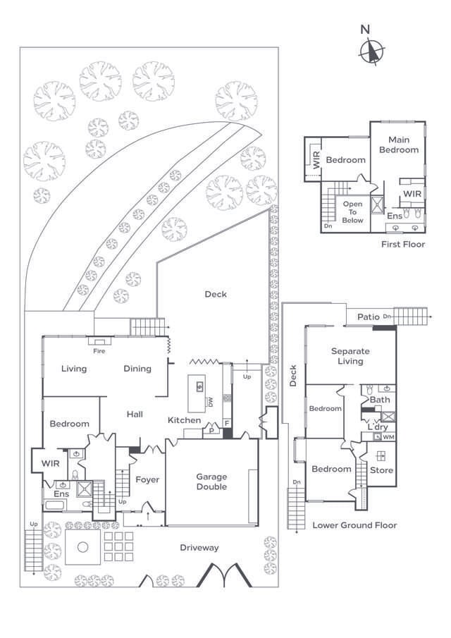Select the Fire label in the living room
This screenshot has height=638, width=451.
(99, 350)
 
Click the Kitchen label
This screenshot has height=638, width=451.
(184, 421)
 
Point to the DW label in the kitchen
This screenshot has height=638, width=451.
(210, 402)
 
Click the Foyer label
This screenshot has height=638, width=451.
(147, 480)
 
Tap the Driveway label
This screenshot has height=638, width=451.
(199, 548)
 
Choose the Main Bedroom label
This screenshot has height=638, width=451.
(399, 145)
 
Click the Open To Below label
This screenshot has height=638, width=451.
(353, 212)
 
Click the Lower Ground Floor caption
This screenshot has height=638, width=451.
(354, 525)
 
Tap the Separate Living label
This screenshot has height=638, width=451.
(350, 356)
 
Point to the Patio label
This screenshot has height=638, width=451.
(369, 317)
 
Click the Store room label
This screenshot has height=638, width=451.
(382, 470)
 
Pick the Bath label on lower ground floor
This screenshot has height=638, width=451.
(380, 400)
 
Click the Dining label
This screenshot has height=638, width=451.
(137, 369)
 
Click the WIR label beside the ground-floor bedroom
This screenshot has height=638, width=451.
(50, 463)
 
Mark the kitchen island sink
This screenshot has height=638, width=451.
(200, 386)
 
